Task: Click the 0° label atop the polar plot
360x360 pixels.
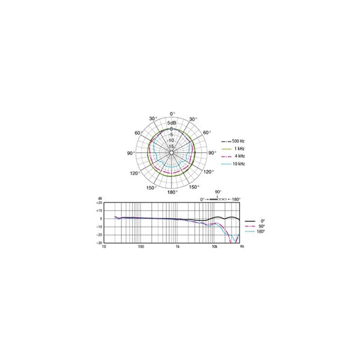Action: pos(172,113)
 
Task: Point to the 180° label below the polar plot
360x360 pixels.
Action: pos(172,192)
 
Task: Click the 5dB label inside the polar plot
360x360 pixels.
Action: pos(172,123)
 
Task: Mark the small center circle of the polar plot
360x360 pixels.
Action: pos(172,152)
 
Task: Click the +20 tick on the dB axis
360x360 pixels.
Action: pos(99,203)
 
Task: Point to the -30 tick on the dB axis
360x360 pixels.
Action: pos(99,243)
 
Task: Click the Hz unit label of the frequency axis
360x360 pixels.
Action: pos(242,247)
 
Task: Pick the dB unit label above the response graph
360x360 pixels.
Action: pos(100,197)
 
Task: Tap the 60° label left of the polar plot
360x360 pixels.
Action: pos(138,133)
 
